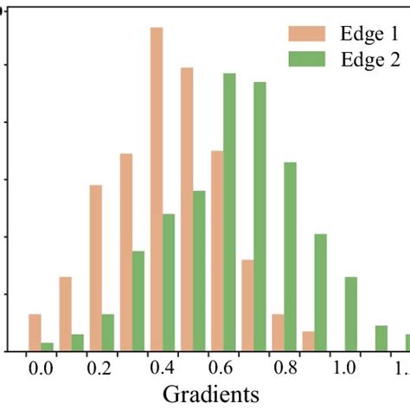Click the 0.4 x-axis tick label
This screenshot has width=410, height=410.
coord(163,367)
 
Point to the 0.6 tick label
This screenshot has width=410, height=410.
coord(223,367)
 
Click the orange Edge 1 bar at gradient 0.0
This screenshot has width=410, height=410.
coord(35,332)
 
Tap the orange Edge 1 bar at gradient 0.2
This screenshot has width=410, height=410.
coord(96,268)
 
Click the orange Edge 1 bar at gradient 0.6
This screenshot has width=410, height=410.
coord(217,251)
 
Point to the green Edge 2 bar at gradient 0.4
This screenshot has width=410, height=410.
coord(169,282)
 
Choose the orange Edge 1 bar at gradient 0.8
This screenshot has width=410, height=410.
coord(278,332)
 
